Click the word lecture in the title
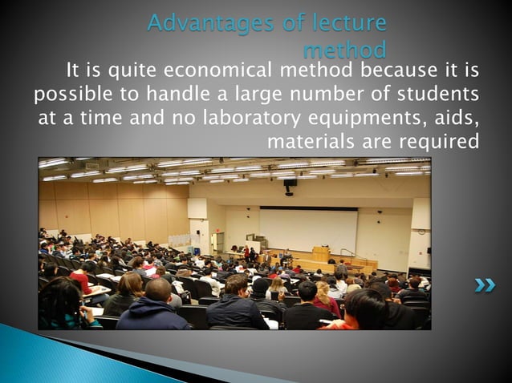[347, 24]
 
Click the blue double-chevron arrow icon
[484, 284]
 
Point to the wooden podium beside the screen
[321, 254]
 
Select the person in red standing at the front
[246, 255]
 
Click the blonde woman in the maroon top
[325, 297]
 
